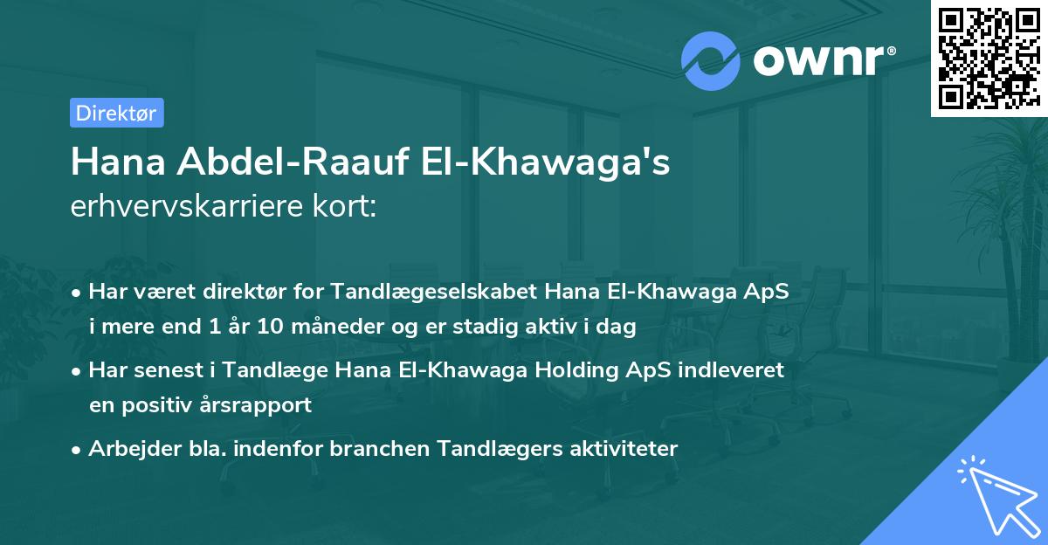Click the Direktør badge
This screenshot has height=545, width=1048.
click(x=116, y=113)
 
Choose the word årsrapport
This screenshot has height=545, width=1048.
click(x=259, y=406)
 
